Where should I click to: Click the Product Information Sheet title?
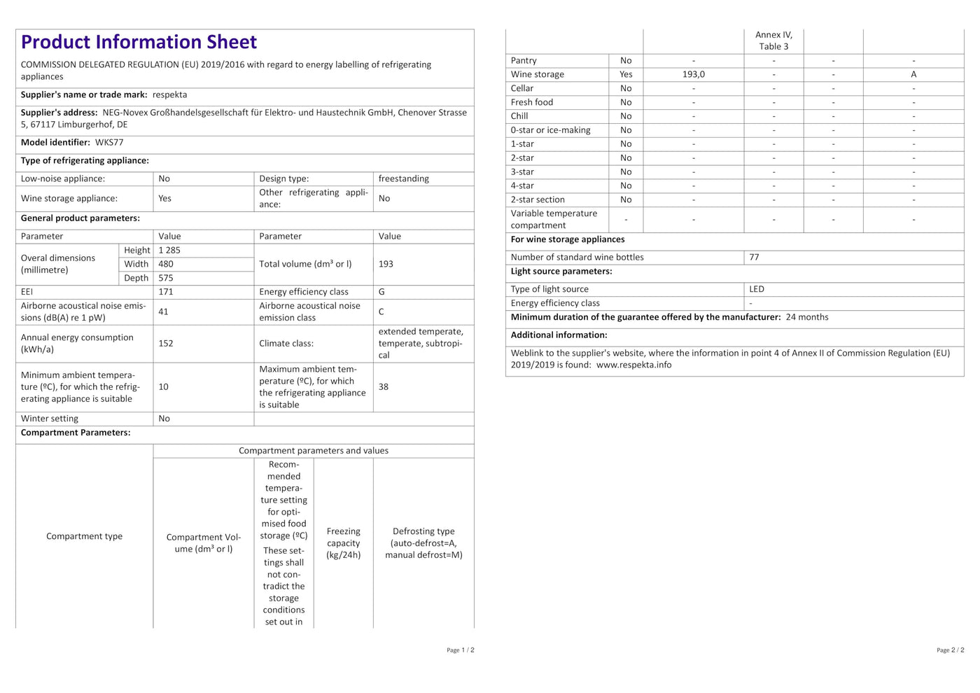[x=139, y=43]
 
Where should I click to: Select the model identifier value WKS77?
[x=109, y=143]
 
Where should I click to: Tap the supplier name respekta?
[x=169, y=95]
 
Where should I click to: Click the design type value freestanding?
[x=403, y=179]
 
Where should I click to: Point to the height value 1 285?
[x=169, y=251]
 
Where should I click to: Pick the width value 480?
[x=166, y=265]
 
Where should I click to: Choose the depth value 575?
[x=166, y=279]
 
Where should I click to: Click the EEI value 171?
[x=166, y=292]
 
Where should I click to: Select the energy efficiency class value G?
[x=381, y=292]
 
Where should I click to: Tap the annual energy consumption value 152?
[x=166, y=344]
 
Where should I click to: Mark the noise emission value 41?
[x=163, y=312]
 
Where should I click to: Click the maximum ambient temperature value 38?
[x=384, y=387]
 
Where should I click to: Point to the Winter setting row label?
[x=50, y=419]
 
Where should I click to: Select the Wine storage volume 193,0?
[x=694, y=75]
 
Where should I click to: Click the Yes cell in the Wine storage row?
[x=626, y=75]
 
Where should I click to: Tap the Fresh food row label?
[x=532, y=103]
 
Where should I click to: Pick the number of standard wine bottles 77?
[x=754, y=258]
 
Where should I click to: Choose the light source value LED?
[x=757, y=289]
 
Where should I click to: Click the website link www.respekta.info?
[x=633, y=365]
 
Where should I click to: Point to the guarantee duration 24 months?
[x=807, y=318]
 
